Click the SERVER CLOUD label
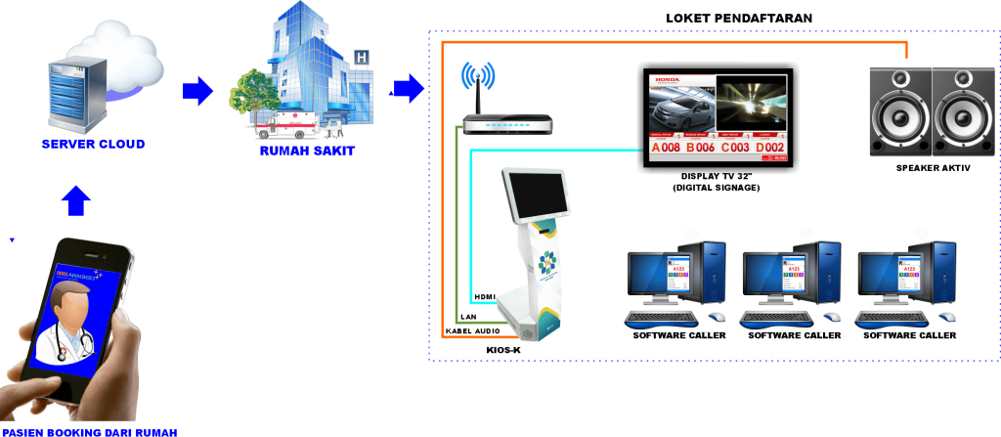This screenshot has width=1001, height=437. point(93,145)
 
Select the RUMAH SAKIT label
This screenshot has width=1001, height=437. point(307,152)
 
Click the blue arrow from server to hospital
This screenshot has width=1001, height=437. point(197,91)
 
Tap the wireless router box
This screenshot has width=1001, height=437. point(507,124)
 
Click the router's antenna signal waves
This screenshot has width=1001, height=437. point(478,75)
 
